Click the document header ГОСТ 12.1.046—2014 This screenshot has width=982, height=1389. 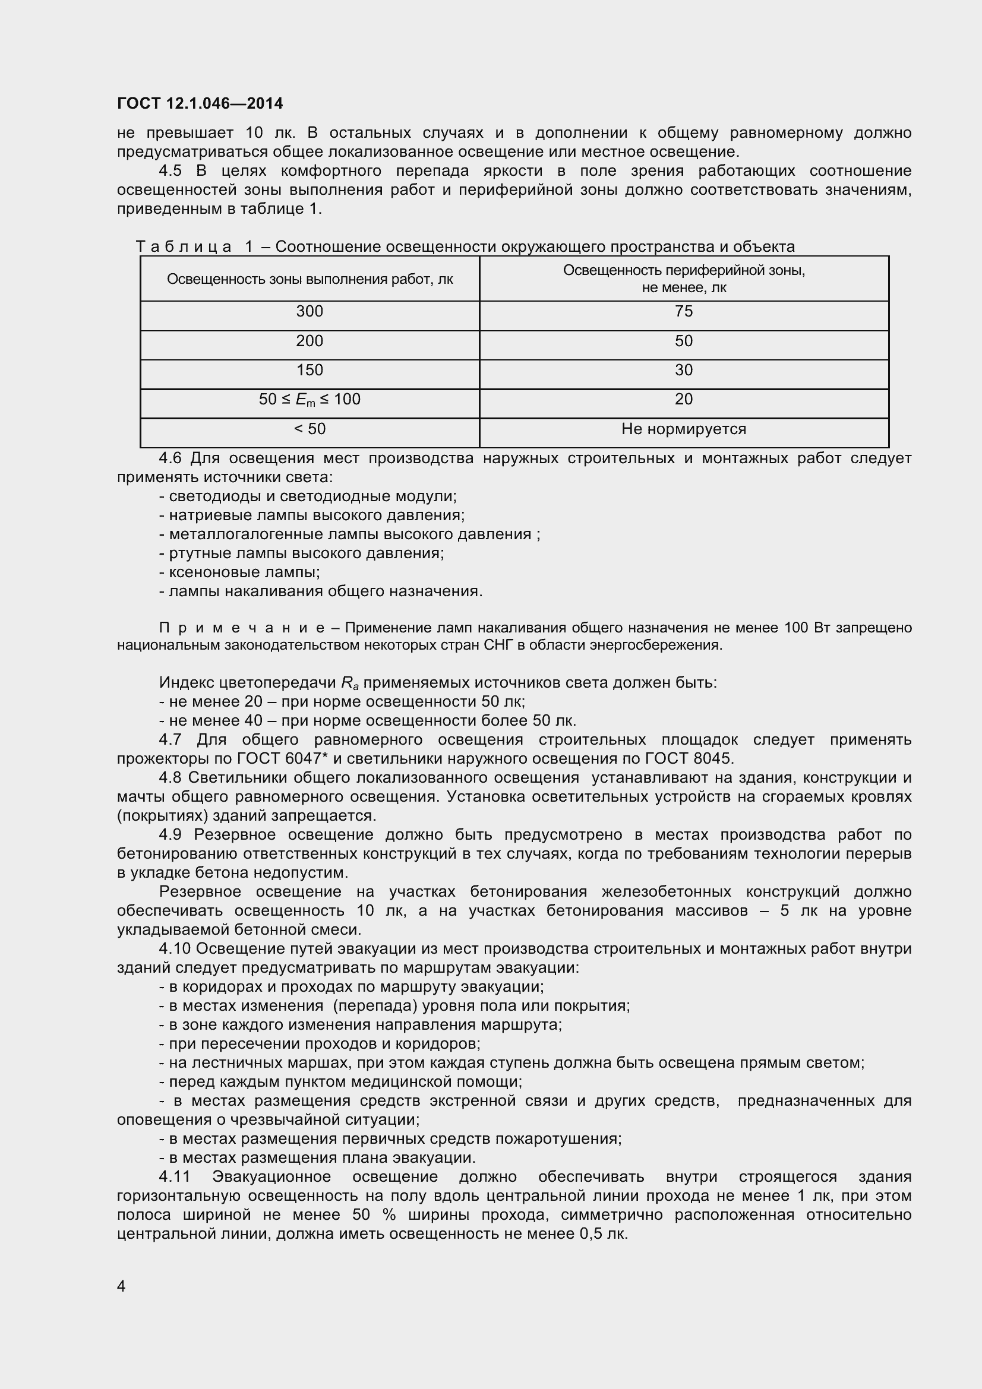click(x=200, y=103)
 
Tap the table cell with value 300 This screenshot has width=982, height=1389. click(x=309, y=312)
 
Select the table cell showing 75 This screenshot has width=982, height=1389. click(x=683, y=312)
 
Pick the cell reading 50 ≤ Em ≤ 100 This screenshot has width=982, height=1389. click(x=309, y=399)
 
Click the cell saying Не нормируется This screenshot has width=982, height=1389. click(x=683, y=429)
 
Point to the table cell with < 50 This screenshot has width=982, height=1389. click(x=309, y=429)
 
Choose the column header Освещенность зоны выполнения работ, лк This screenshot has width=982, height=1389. click(x=309, y=279)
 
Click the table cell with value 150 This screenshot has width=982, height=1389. click(x=309, y=369)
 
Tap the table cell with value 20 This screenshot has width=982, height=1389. click(x=683, y=399)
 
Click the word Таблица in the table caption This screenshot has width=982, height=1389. click(x=184, y=247)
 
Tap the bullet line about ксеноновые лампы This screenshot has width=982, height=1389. click(x=239, y=572)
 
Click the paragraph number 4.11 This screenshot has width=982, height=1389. click(x=174, y=1176)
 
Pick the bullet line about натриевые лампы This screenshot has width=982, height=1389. click(x=312, y=515)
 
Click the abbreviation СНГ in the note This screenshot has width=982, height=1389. click(x=498, y=646)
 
